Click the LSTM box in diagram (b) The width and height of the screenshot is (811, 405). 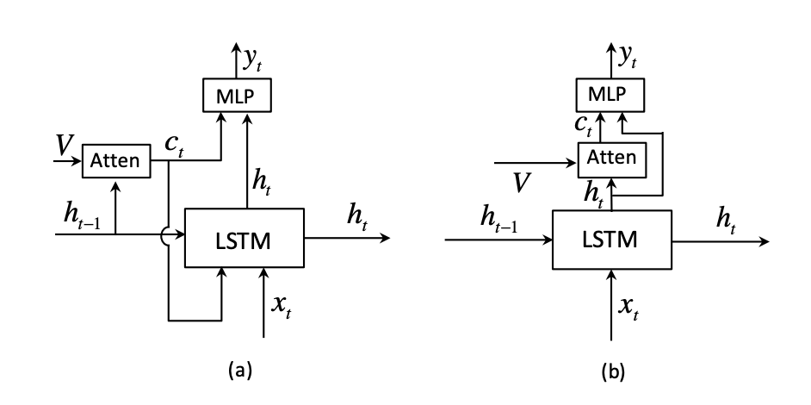point(613,240)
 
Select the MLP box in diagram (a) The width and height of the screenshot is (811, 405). point(237,93)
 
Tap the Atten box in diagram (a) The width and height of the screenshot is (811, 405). point(115,161)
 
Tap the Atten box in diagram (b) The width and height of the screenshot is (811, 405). point(610,157)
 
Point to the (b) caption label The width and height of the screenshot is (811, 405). point(612,371)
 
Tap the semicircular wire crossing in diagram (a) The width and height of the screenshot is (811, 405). point(169,233)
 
